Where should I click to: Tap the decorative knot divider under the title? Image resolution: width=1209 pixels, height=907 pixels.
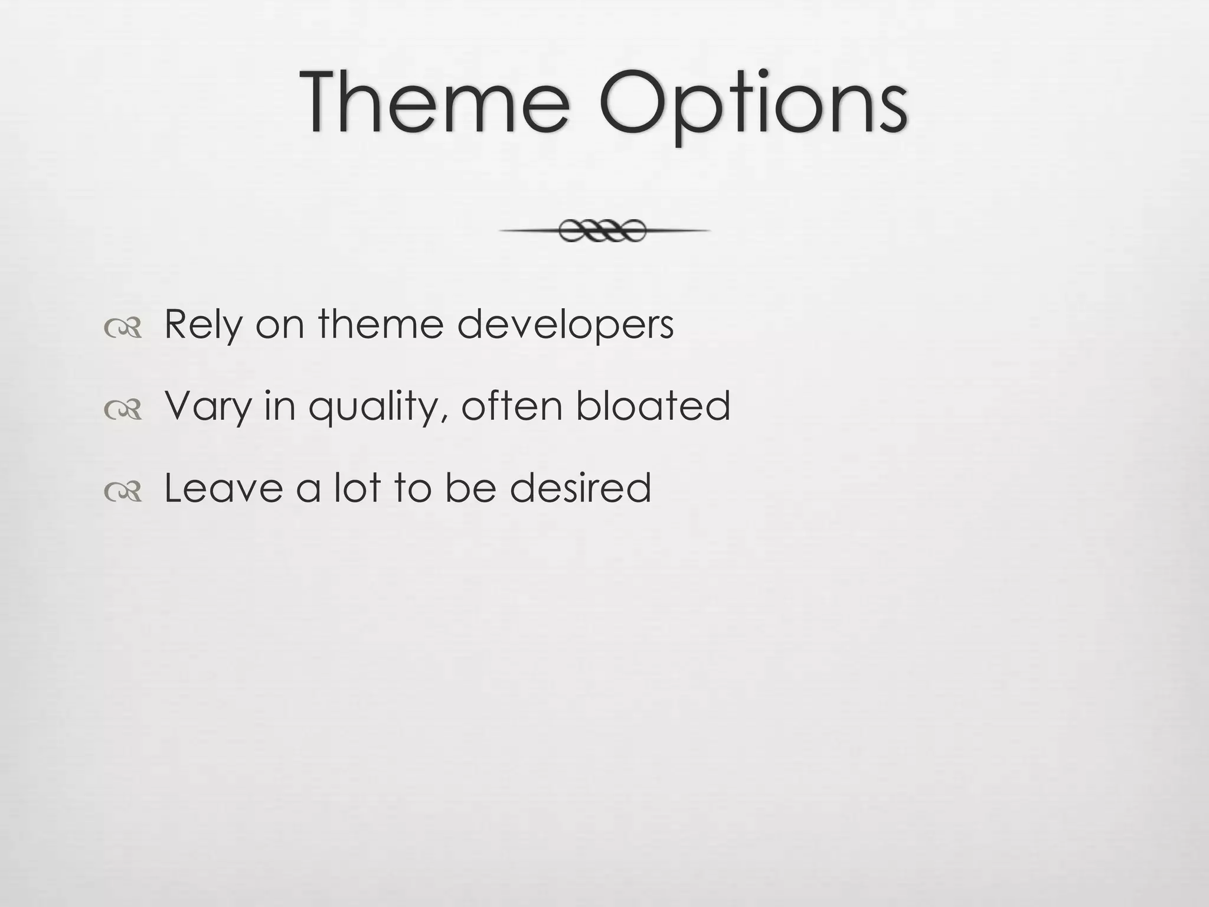603,231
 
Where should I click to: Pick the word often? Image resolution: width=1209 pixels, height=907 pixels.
511,406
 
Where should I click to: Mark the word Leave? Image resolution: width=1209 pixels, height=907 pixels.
223,488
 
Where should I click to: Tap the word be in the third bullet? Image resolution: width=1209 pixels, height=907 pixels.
470,487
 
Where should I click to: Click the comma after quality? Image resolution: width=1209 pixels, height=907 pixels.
447,419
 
